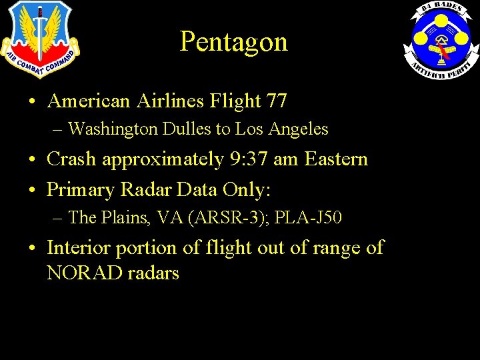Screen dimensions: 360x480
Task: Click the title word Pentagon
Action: point(233,41)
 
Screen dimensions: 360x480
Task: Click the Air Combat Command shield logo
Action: point(39,40)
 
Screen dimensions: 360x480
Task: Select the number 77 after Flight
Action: point(276,101)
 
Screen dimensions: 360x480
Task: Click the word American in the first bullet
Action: point(89,101)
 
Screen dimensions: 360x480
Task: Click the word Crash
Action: point(71,159)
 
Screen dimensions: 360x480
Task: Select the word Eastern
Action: point(336,159)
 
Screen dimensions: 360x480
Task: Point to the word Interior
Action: point(79,247)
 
